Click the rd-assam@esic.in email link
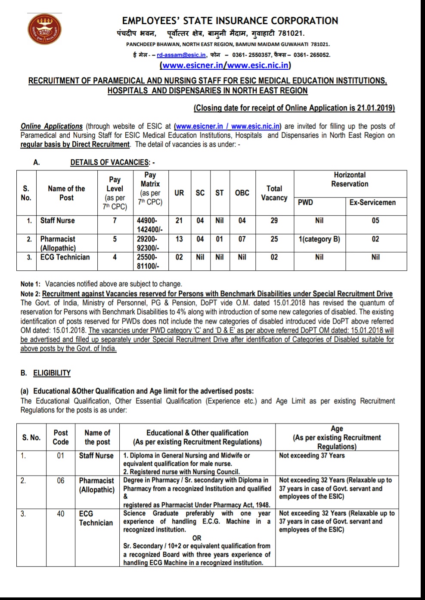coord(181,55)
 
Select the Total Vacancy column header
coord(274,193)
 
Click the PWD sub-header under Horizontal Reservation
coord(305,202)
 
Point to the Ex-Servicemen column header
coord(372,202)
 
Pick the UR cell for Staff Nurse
coord(179,220)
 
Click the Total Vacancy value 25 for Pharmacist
coord(274,239)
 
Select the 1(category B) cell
coord(319,239)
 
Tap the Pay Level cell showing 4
coord(115,257)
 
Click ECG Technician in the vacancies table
coord(65,257)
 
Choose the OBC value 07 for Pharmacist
coord(242,239)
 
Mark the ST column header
coord(220,193)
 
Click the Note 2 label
coord(30,294)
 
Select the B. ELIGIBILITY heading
coord(46,373)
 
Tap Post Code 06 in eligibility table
coord(61,480)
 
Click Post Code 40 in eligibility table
coord(61,513)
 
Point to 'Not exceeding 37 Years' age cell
coord(312,455)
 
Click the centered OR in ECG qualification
coord(197,538)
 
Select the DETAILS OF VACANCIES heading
coord(110,162)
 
